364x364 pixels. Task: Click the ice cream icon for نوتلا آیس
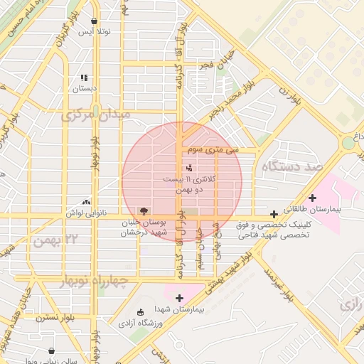[x=95, y=21]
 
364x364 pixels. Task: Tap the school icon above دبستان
[x=84, y=77]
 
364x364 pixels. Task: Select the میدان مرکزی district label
[x=95, y=114]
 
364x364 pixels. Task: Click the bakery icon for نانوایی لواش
[x=87, y=202]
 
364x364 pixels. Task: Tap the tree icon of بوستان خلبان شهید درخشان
[x=144, y=211]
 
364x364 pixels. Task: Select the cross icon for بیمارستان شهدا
[x=178, y=298]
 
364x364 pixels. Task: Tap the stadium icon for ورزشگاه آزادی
[x=140, y=312]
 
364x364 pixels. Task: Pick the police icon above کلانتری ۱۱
[x=188, y=168]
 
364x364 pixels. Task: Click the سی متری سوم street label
[x=213, y=150]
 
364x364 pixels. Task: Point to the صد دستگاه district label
[x=292, y=166]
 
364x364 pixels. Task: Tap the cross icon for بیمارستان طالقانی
[x=312, y=198]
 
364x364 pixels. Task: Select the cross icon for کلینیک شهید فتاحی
[x=274, y=214]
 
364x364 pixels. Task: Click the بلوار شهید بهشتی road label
[x=229, y=273]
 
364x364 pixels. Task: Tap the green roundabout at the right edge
[x=348, y=143]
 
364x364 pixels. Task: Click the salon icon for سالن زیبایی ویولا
[x=51, y=350]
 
